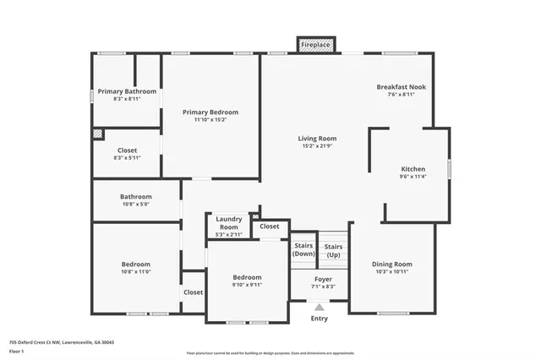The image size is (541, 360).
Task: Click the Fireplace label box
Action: coord(317,43)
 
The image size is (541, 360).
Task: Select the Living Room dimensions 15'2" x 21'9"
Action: coord(317,147)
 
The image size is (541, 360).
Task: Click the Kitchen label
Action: coord(413,169)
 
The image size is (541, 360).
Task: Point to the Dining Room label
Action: coord(392,264)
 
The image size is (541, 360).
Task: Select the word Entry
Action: coord(320,318)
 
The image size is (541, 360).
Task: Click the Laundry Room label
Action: coord(229,223)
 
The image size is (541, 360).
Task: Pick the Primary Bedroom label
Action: coord(210,112)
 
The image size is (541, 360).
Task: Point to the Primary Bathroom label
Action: coord(127,91)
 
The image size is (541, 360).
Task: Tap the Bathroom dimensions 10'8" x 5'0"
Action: coord(135,204)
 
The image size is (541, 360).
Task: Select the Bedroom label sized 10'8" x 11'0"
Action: coord(135,265)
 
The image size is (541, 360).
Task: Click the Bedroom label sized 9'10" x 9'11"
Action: coord(247,277)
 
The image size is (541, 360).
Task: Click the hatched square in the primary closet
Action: coord(98,133)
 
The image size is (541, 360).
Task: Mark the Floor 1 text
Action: coord(16,351)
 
